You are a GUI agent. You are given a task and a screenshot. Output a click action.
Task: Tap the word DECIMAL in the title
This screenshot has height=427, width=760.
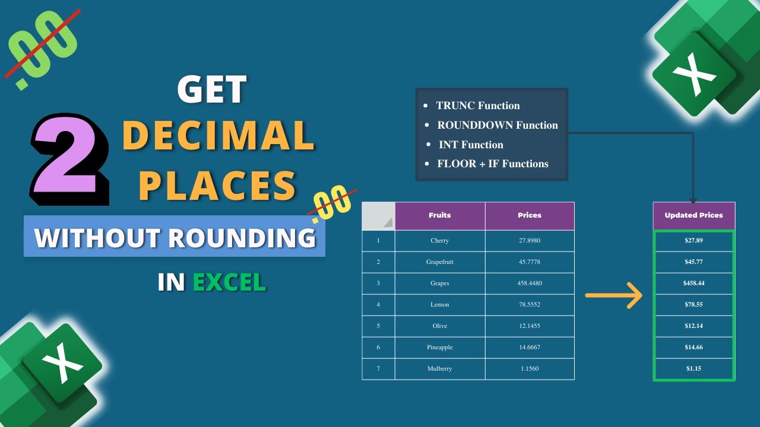218,135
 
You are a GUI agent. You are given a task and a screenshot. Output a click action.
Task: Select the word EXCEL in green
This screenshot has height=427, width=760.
229,282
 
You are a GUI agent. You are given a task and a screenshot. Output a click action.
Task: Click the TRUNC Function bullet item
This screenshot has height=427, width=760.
477,106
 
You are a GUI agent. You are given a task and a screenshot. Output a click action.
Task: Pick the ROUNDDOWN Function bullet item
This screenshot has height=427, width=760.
497,125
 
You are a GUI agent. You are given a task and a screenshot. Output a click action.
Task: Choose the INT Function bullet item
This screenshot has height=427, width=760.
470,145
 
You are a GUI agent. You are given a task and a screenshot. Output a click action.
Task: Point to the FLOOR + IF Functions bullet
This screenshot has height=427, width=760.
492,164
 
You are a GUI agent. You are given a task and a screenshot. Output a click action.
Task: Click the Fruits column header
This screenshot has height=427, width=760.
440,215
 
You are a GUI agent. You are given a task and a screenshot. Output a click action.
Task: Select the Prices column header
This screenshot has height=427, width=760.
530,215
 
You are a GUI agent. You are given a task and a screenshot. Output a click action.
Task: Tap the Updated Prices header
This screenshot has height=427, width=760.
693,215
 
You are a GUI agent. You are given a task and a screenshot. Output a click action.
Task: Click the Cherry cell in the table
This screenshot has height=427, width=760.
440,241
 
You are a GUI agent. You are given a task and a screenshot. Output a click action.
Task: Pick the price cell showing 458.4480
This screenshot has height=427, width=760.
530,283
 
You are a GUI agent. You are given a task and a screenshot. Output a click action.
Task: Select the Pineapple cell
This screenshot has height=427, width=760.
440,348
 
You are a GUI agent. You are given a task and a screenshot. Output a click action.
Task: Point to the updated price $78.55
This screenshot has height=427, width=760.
693,305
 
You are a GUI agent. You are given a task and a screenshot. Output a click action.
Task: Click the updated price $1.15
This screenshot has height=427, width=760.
693,369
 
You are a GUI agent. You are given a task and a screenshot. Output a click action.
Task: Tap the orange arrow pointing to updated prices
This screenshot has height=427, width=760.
614,295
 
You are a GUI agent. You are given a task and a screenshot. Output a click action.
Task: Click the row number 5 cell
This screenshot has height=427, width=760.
378,326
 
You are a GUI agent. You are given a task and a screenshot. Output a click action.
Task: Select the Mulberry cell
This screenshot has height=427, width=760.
440,369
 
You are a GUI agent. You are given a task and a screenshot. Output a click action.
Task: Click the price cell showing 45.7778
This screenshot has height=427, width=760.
530,262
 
